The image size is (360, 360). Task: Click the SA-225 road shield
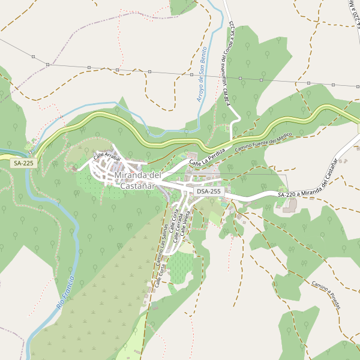[x=24, y=163]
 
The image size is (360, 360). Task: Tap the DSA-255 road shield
[x=208, y=191]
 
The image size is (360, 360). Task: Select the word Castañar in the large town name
[x=138, y=186]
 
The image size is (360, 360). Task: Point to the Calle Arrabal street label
[x=107, y=157]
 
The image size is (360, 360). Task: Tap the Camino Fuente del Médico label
[x=263, y=141]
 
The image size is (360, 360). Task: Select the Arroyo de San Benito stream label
[x=202, y=73]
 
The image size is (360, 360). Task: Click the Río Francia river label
[x=67, y=293]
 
